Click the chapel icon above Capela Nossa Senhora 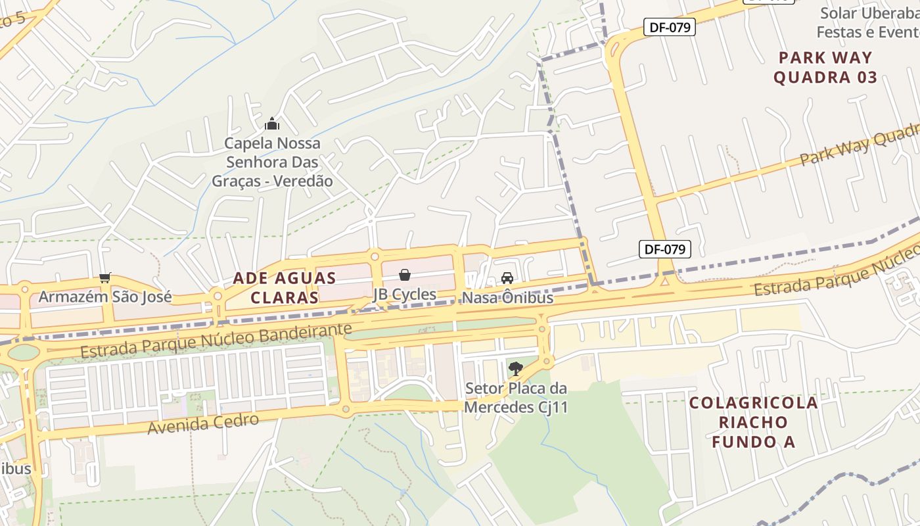tap(272, 124)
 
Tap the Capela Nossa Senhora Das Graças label tap(272, 162)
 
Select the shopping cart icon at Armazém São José tap(105, 278)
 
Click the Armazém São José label tap(105, 297)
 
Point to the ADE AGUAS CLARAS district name tap(284, 288)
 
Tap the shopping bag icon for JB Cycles tap(405, 275)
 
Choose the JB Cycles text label tap(405, 294)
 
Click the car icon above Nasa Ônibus tap(507, 278)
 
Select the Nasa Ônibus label tap(507, 298)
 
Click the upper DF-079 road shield tap(669, 27)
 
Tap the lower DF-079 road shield tap(664, 249)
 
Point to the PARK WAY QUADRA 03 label tap(825, 68)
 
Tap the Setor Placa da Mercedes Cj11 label tap(516, 398)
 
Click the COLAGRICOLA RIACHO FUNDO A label tap(753, 421)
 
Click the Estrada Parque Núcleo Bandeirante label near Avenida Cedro tap(216, 340)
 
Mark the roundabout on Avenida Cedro tap(346, 410)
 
